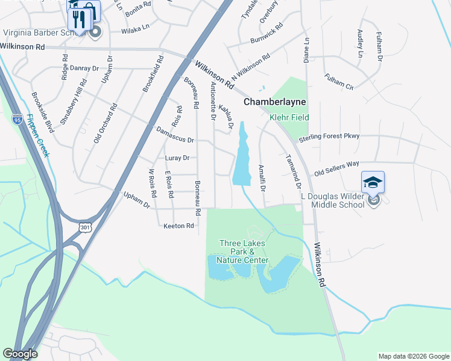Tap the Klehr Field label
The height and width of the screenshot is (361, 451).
point(288,117)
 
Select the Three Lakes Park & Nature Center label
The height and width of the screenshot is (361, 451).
point(242,251)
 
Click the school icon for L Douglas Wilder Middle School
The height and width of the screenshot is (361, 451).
point(373,182)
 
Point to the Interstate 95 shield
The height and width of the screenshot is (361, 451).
point(17,119)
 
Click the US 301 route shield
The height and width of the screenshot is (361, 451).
point(84,227)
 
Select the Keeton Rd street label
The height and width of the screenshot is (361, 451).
point(178,226)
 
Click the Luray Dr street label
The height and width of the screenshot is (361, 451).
point(177,158)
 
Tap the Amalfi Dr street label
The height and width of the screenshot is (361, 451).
point(262,177)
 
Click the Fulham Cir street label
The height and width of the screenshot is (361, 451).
point(339,81)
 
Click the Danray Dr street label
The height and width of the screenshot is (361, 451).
point(84,69)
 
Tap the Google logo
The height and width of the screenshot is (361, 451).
point(20,354)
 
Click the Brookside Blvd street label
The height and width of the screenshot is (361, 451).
point(43,113)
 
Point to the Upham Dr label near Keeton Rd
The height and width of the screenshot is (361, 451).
point(136,200)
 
